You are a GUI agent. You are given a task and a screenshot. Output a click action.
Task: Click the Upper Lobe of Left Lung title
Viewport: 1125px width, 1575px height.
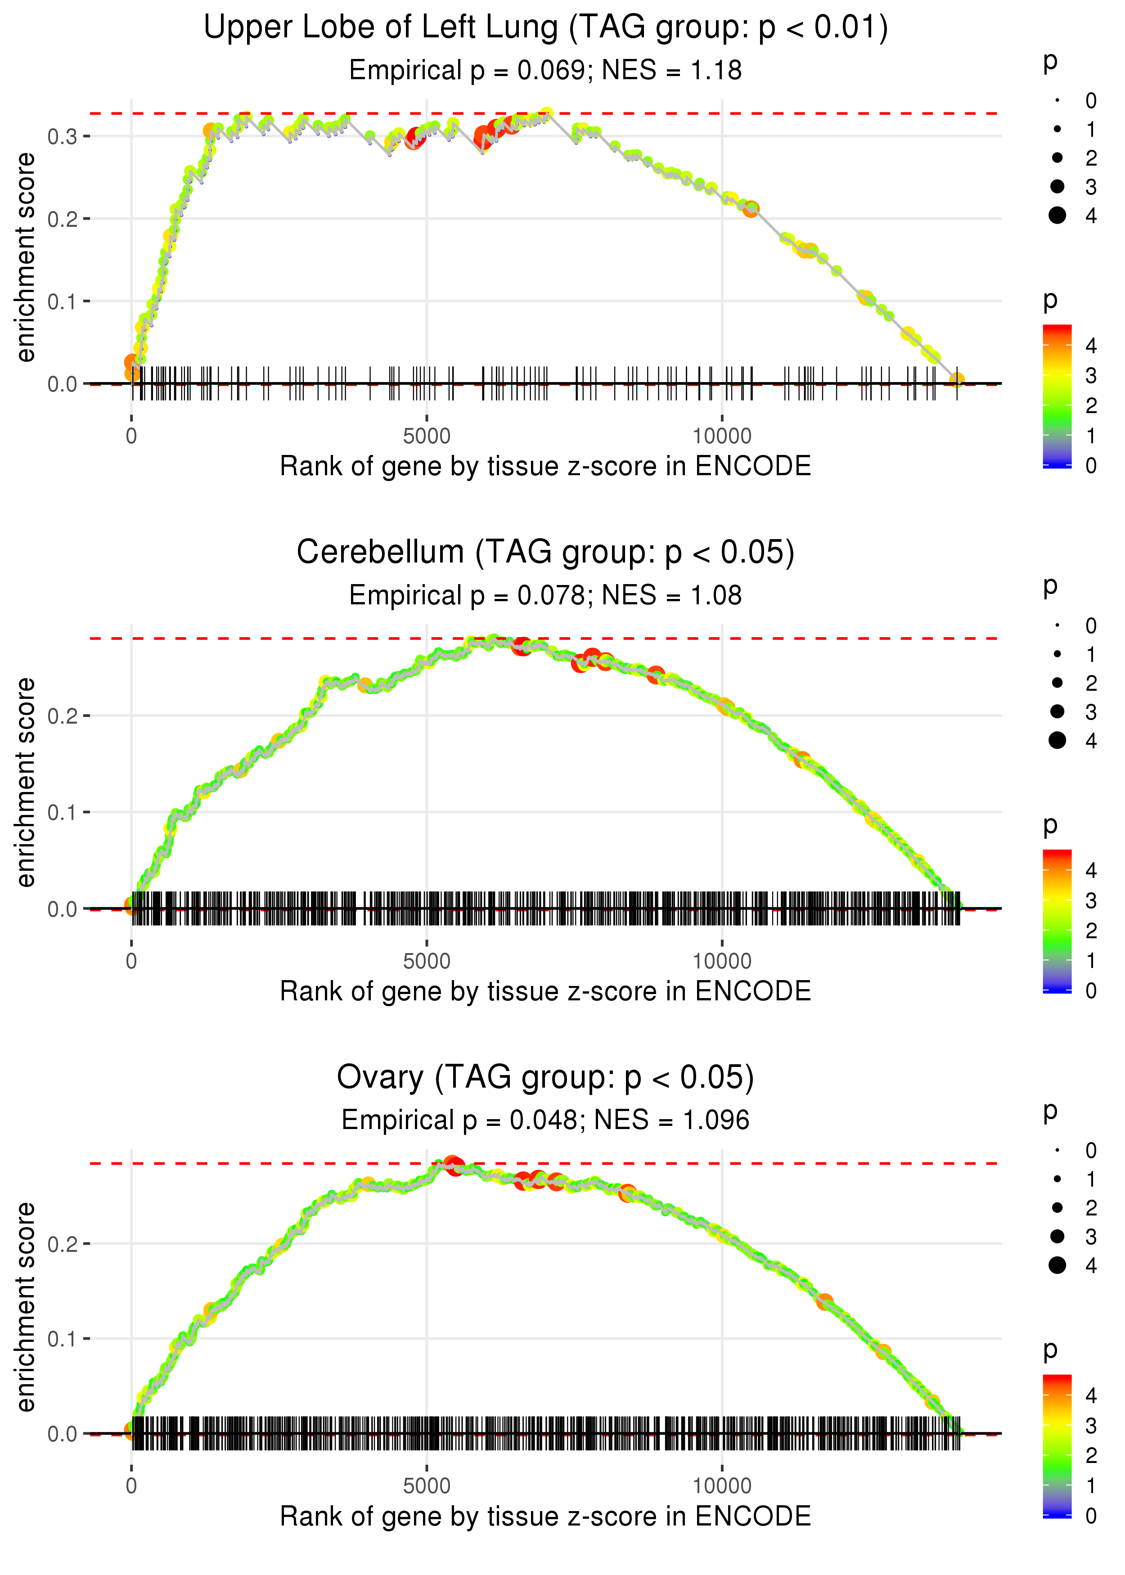tap(545, 28)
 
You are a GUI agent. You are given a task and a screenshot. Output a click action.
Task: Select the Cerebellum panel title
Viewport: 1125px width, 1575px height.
tap(545, 553)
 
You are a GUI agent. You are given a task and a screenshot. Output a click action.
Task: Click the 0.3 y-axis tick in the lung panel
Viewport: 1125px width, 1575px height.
tap(63, 136)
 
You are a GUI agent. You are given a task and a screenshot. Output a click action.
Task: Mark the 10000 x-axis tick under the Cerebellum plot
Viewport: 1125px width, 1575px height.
tap(722, 961)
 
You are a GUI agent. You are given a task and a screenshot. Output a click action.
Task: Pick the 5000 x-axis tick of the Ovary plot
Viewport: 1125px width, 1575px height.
tap(427, 1485)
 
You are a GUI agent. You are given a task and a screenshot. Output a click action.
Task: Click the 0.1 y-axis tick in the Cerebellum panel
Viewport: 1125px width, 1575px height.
tap(63, 812)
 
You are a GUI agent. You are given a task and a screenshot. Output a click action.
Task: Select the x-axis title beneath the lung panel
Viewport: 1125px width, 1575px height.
tap(545, 467)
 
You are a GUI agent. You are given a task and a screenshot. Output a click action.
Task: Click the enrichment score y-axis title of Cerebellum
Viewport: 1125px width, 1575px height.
tap(26, 782)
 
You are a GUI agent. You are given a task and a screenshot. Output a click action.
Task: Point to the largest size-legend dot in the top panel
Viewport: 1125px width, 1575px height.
tap(1057, 216)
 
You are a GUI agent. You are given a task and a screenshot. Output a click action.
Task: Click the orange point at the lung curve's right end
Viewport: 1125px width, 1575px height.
tap(957, 379)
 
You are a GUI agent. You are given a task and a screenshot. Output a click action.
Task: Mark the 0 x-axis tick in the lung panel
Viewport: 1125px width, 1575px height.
tap(131, 436)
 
